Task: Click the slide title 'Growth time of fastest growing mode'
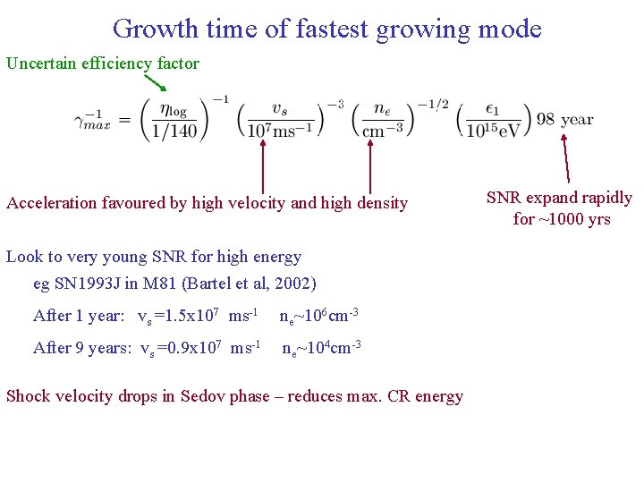coord(326,29)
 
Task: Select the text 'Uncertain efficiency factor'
coord(103,64)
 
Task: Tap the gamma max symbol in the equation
coord(93,121)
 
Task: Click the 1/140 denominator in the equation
coord(175,130)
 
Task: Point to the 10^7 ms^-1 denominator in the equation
coord(279,131)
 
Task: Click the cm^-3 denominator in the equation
coord(382,131)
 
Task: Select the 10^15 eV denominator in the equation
coord(494,131)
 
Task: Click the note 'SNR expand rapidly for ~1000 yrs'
coord(559,208)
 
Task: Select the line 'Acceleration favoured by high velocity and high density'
coord(207,203)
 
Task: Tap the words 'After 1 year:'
coord(79,316)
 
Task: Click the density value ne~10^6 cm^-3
coord(319,315)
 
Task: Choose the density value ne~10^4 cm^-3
coord(321,348)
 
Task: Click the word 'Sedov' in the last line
coord(203,396)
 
